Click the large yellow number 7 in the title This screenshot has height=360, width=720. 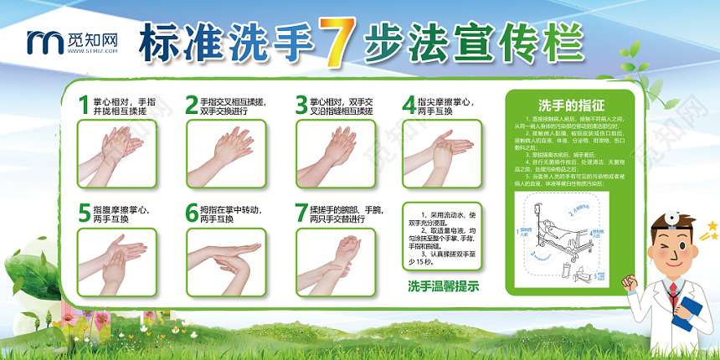335,44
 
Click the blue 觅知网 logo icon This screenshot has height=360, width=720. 41,39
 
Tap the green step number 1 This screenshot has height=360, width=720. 83,104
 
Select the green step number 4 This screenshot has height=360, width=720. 408,104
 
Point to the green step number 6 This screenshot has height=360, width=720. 192,213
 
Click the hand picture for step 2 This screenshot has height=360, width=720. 220,152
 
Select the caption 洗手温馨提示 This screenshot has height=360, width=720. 443,287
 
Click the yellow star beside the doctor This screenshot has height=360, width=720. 712,226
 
